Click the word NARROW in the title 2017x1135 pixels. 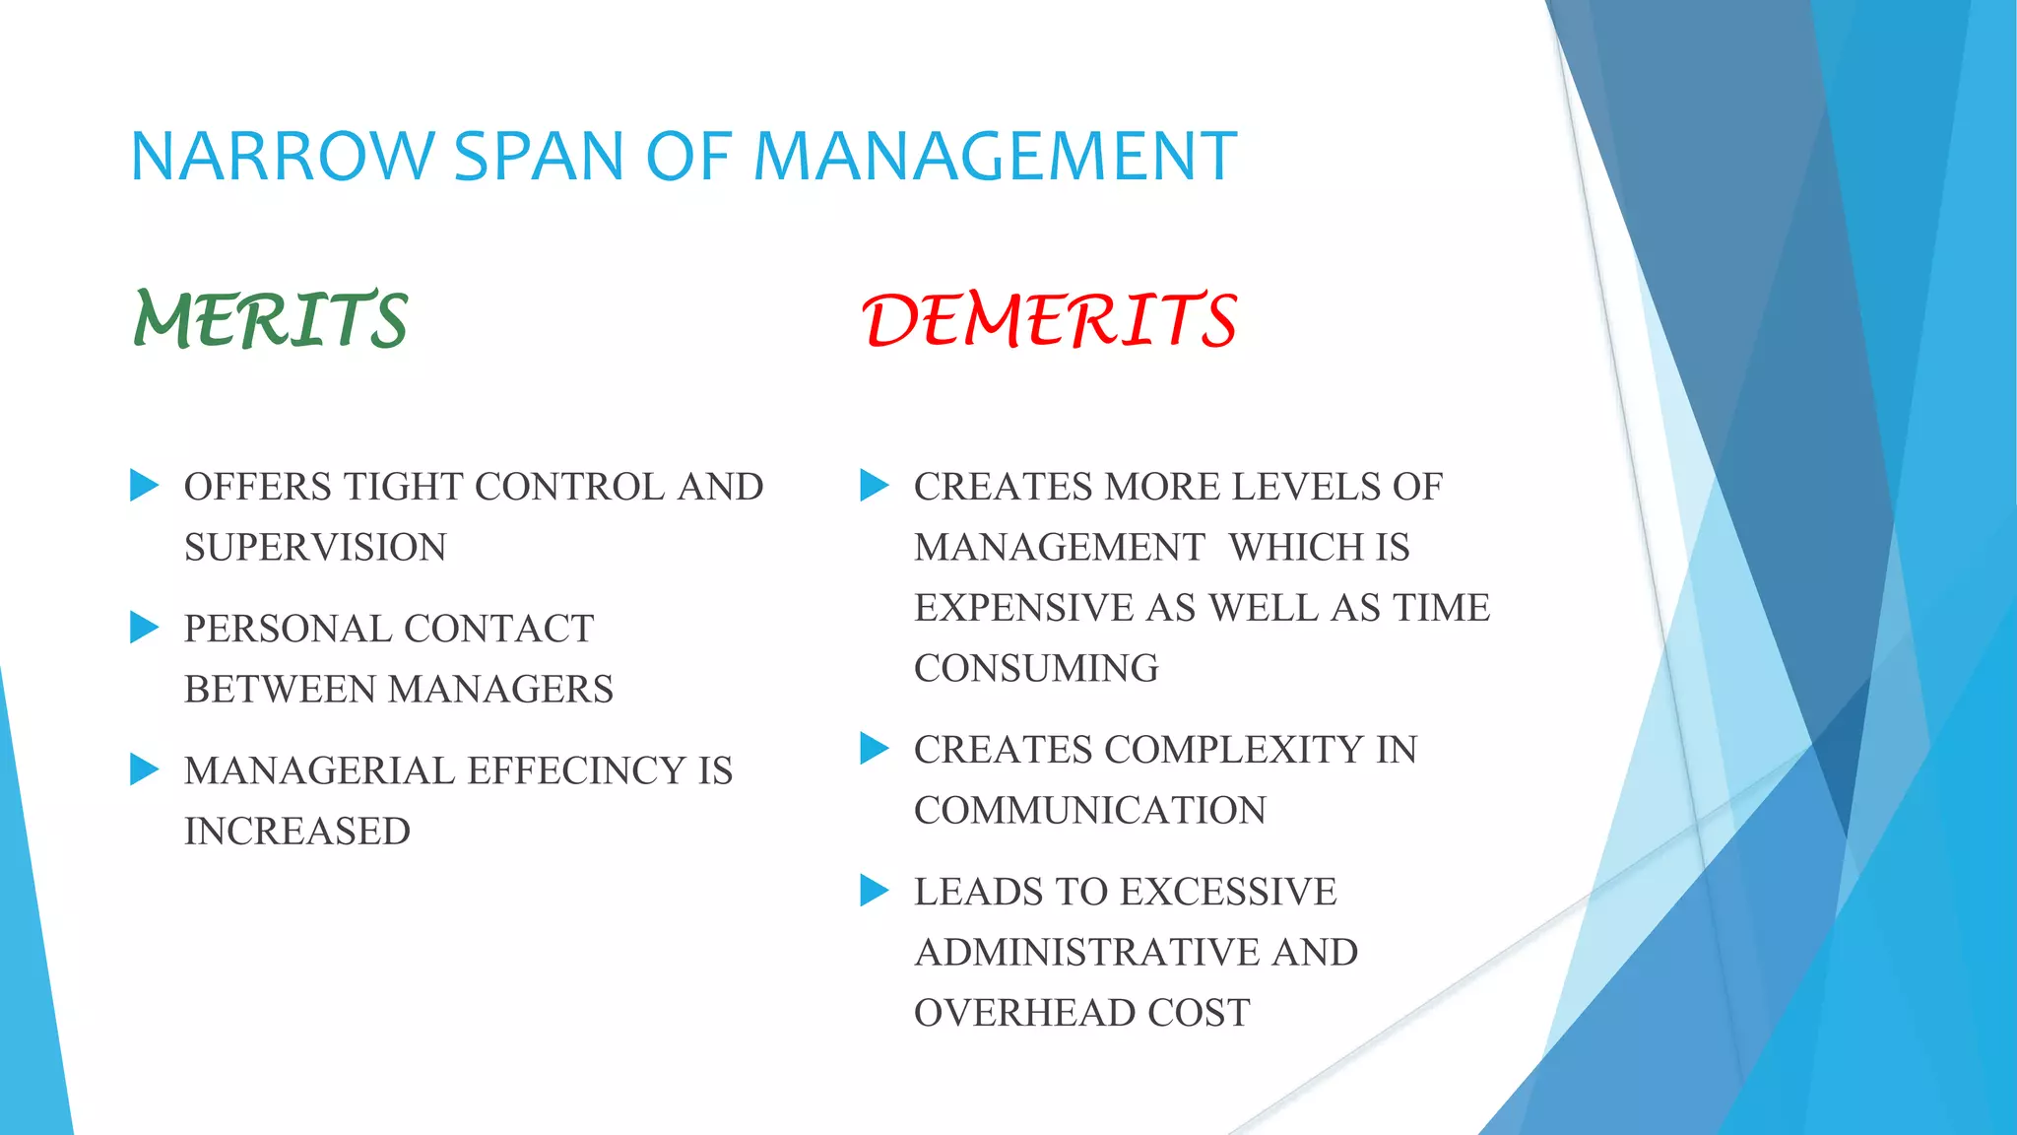[x=282, y=157]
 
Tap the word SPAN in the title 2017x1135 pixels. [x=539, y=157]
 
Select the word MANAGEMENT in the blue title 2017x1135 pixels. [x=995, y=157]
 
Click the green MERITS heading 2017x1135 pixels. [x=271, y=320]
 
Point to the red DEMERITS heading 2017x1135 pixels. [x=1050, y=320]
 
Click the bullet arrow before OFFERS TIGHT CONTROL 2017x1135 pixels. [x=144, y=485]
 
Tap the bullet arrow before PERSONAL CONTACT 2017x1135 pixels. [x=144, y=627]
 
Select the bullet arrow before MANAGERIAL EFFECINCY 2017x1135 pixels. [x=144, y=768]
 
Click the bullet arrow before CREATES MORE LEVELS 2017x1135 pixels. [x=874, y=485]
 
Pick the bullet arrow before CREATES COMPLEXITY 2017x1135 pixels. [x=874, y=748]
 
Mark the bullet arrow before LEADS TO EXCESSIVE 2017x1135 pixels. [x=874, y=890]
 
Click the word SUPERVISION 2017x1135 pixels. [x=315, y=548]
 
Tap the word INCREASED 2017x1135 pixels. [x=297, y=832]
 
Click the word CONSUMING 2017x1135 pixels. [x=1036, y=669]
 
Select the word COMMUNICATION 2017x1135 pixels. [x=1090, y=811]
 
